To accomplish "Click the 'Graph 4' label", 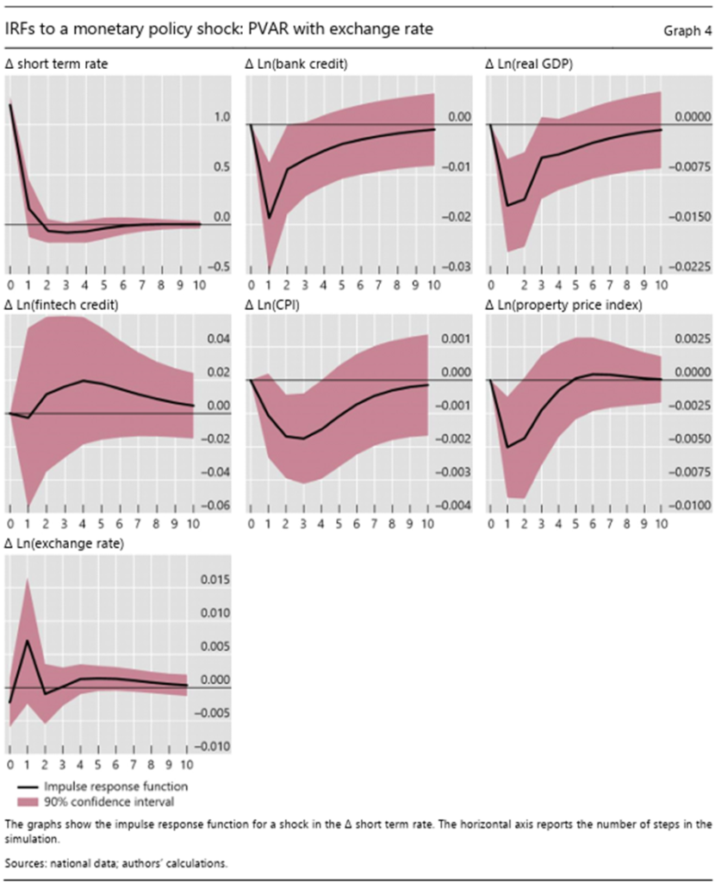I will [x=687, y=31].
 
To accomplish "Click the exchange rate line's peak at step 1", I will [x=28, y=641].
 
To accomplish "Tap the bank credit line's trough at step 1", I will [x=269, y=218].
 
